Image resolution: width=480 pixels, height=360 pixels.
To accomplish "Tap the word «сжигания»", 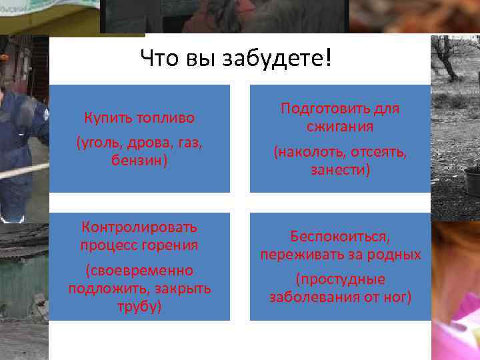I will tap(340, 126).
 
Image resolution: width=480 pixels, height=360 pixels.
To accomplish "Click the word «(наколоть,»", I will tap(309, 153).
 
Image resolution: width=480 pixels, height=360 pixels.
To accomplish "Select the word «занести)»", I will tap(340, 171).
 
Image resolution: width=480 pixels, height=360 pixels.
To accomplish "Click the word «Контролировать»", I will tap(139, 227).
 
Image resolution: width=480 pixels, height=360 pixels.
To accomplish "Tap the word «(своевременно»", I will tap(139, 271).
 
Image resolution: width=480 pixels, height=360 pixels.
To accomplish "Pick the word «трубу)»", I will tap(139, 307).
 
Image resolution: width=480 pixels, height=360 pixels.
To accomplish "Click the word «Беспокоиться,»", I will tap(340, 237).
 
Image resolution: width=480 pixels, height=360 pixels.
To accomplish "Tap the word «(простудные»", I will tap(340, 279).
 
